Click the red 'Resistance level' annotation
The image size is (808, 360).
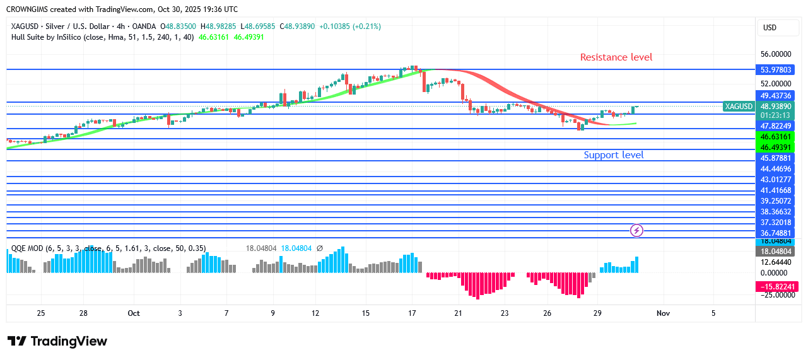pos(616,57)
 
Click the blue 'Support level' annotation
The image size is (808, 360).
pos(614,155)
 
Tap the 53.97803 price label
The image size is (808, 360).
pos(775,71)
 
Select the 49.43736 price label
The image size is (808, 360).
pos(775,95)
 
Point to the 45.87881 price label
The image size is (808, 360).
pos(775,158)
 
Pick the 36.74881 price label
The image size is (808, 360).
pos(775,232)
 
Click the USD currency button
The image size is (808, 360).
pos(770,28)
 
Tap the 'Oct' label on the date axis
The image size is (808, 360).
pos(133,313)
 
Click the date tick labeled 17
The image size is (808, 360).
pos(412,313)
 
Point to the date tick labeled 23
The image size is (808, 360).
pos(505,313)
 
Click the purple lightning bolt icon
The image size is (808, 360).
pos(637,230)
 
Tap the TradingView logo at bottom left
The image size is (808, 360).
pos(57,341)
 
